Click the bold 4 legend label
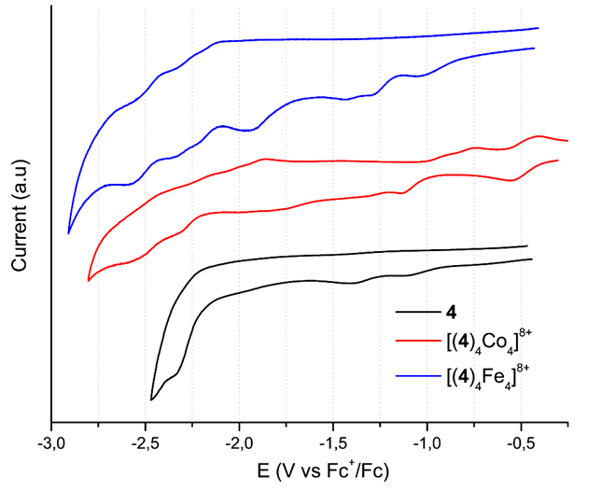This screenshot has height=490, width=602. tap(455, 310)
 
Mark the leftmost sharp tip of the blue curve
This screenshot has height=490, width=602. tap(69, 233)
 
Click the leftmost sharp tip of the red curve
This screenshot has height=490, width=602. tap(89, 280)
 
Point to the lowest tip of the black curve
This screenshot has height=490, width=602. tap(151, 399)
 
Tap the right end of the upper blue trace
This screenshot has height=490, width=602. tap(539, 28)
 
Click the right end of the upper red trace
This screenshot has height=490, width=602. tap(567, 141)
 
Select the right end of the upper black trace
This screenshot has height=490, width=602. tap(528, 245)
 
